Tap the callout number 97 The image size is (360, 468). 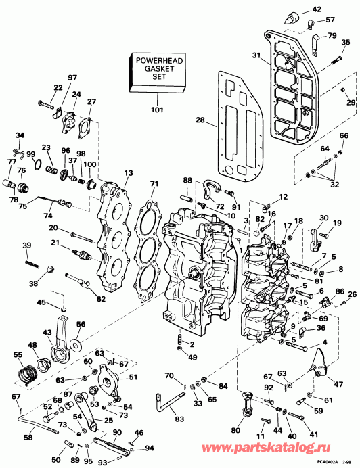pos(72,78)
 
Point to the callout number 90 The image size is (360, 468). pos(116,433)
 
